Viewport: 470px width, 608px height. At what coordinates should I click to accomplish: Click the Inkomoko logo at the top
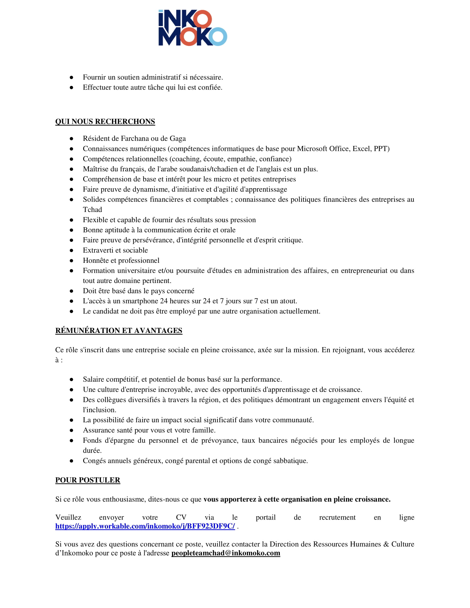(x=193, y=28)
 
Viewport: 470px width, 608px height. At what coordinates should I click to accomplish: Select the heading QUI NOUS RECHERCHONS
(x=105, y=122)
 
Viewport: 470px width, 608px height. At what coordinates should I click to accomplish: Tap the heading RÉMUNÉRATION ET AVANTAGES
(x=119, y=331)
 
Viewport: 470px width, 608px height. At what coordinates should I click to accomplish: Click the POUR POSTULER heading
(x=88, y=480)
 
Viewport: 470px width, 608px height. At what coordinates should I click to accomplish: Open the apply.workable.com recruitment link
(x=145, y=526)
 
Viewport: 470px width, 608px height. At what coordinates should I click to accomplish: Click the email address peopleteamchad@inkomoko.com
(x=226, y=553)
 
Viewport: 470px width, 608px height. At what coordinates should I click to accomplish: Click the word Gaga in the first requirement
(x=178, y=139)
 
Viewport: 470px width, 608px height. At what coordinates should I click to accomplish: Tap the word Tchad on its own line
(x=92, y=210)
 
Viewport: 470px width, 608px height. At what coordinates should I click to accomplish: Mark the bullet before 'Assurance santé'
(x=72, y=430)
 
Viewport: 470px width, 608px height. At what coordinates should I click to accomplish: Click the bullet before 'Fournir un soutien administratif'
(x=72, y=77)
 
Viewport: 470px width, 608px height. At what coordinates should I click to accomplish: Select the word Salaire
(x=93, y=379)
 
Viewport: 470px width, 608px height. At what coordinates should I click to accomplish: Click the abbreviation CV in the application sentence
(x=181, y=518)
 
